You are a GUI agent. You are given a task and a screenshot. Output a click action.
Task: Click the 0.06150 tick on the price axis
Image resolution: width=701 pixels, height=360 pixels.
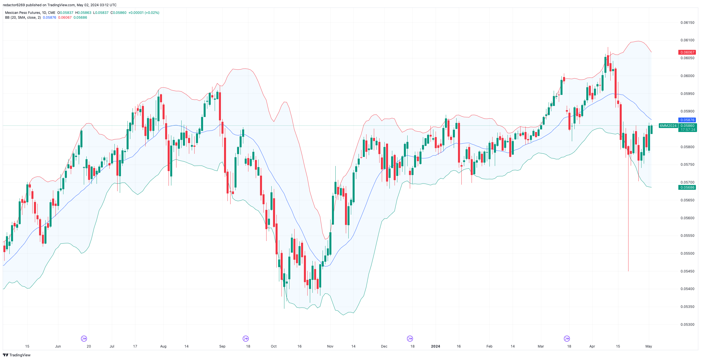point(687,23)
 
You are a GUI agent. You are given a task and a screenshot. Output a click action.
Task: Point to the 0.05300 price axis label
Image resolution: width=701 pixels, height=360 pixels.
point(687,325)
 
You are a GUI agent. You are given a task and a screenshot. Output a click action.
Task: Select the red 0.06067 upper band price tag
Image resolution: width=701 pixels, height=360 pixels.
point(687,52)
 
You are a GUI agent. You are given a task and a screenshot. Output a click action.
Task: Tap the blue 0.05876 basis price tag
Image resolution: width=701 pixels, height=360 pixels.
point(687,120)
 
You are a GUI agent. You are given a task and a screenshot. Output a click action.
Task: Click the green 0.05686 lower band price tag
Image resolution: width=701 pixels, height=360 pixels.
point(687,188)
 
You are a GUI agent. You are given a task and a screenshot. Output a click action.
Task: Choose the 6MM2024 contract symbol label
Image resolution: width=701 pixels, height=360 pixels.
point(668,126)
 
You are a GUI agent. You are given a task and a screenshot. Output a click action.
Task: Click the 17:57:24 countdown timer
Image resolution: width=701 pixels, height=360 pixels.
point(688,130)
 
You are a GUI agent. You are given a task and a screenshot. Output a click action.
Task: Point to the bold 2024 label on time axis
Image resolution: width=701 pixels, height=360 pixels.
point(435,346)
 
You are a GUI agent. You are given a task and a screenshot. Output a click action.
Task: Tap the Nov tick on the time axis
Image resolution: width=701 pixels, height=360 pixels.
point(330,346)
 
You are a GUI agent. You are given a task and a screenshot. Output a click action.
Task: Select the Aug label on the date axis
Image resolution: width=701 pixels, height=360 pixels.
point(163,346)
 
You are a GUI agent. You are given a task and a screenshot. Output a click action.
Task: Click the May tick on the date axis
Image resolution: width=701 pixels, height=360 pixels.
point(649,346)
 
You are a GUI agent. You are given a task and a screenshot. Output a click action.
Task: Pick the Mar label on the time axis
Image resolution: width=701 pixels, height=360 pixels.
point(541,346)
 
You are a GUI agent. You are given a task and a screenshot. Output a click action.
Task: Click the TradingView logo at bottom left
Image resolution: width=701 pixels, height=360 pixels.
point(17,355)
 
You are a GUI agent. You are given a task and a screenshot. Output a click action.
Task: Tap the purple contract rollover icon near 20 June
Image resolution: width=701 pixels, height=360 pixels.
point(84,339)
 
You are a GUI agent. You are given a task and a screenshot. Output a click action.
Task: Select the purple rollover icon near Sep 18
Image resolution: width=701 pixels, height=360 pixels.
point(246,339)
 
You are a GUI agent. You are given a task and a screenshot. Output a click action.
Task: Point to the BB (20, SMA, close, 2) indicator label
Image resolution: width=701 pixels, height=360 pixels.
point(23,18)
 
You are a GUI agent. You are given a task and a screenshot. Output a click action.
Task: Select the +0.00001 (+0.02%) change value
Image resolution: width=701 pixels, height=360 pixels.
point(144,13)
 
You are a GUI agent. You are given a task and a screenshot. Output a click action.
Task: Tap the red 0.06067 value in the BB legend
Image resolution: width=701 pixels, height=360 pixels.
point(65,18)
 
